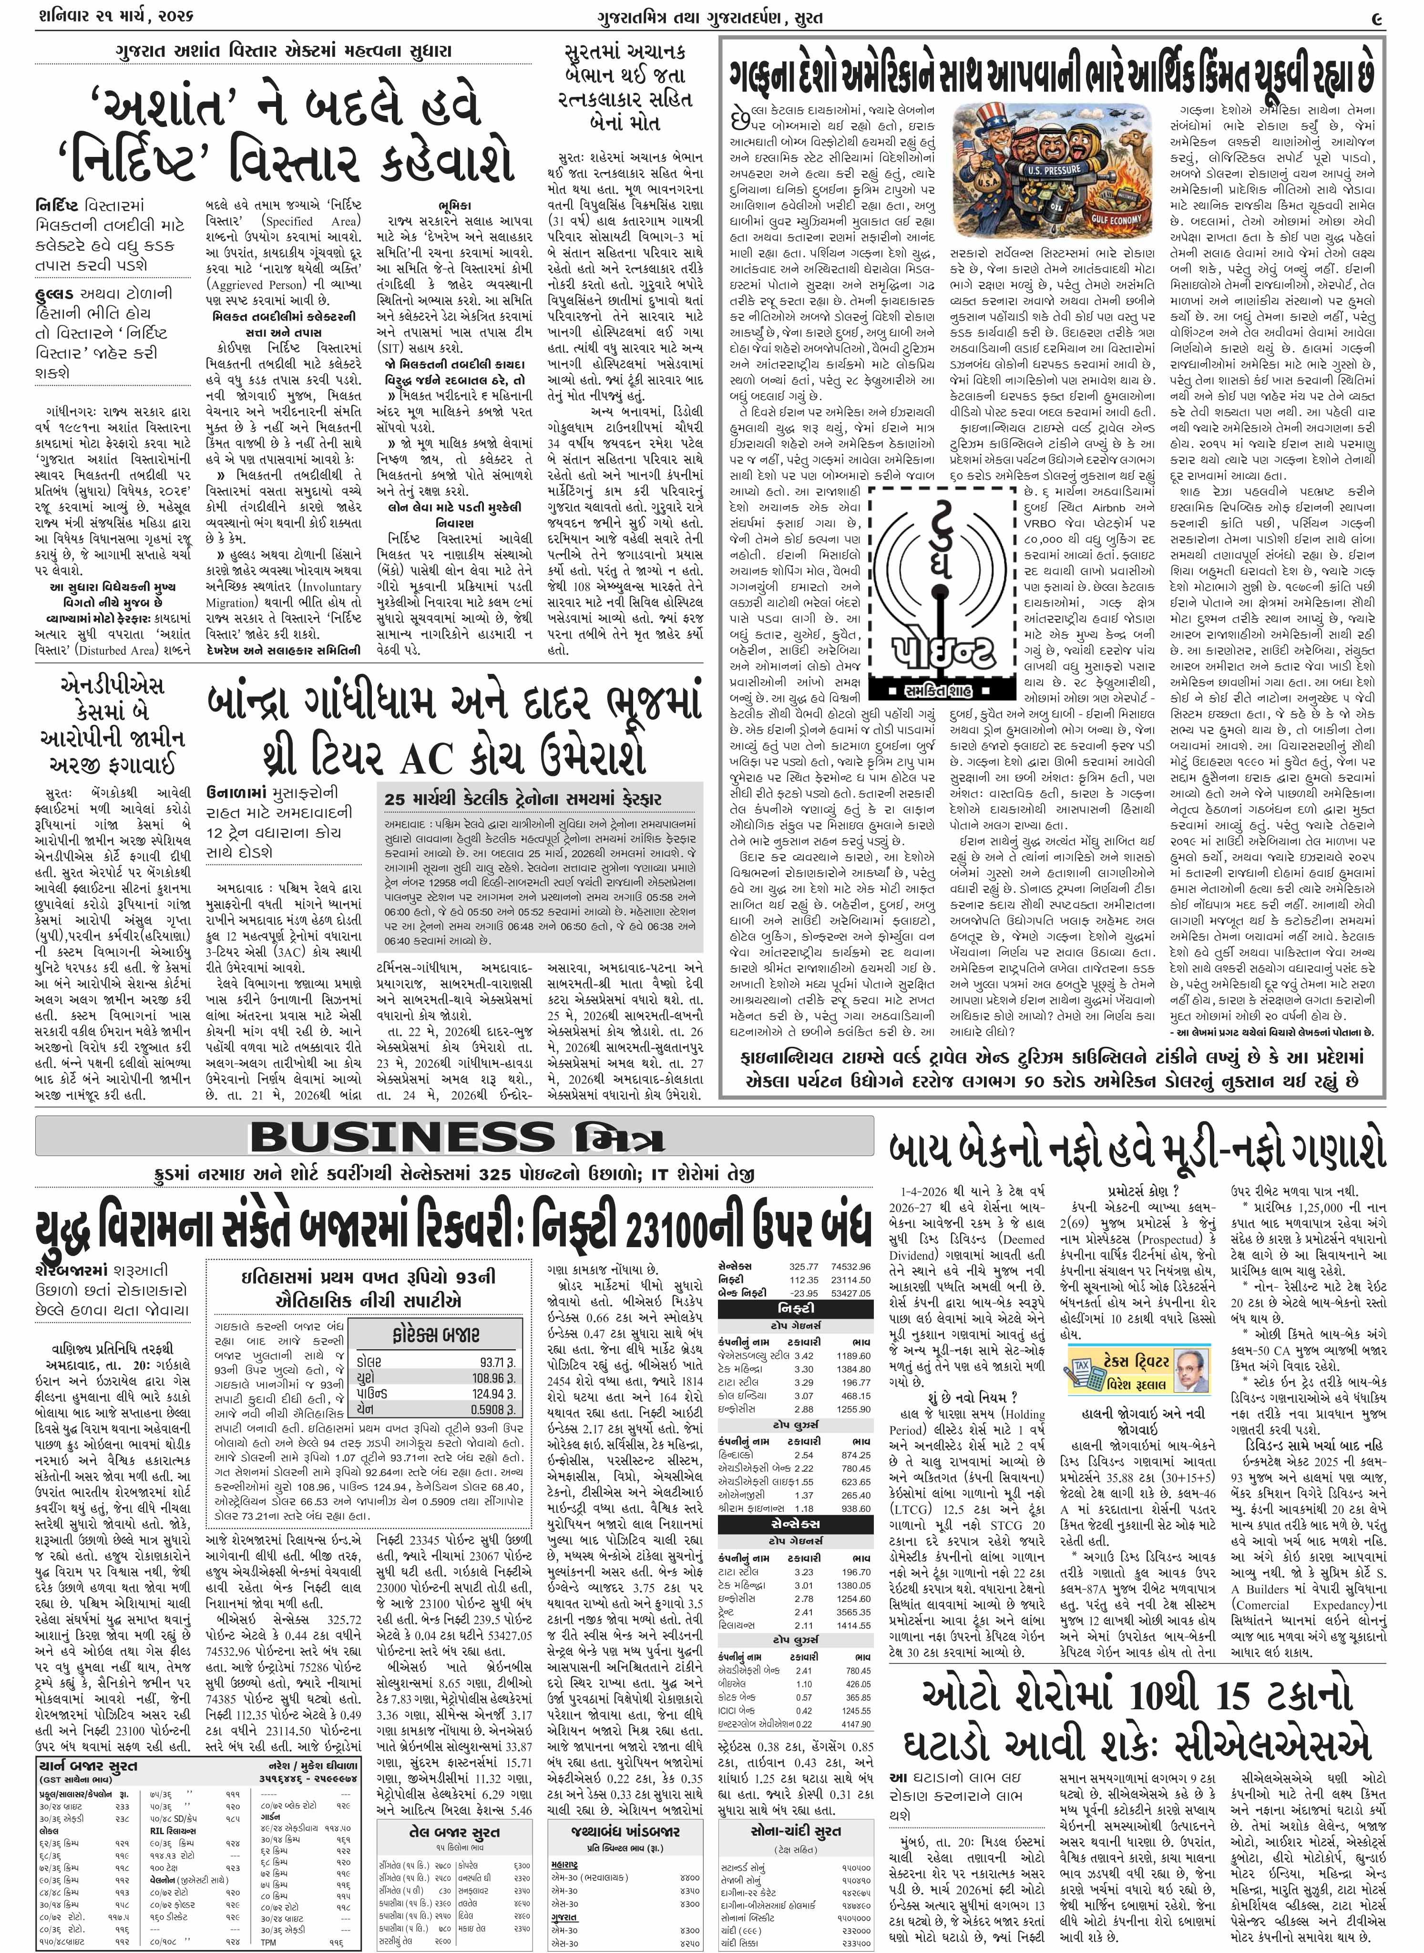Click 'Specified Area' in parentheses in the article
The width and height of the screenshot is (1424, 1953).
click(302, 222)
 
